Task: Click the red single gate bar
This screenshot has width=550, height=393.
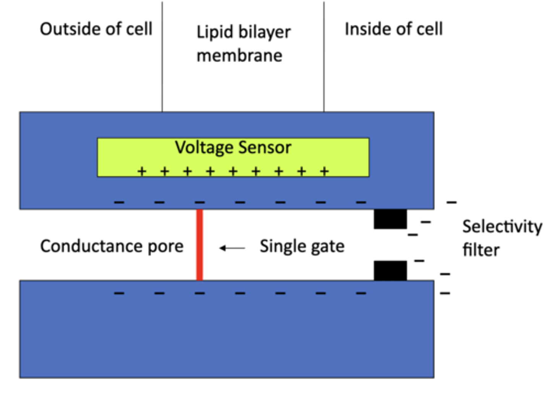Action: (199, 245)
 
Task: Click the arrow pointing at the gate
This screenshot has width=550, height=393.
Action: (232, 248)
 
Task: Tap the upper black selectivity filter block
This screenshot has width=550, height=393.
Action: (390, 219)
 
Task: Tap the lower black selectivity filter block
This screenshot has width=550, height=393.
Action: (390, 271)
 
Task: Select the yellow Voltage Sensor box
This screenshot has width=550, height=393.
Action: (233, 157)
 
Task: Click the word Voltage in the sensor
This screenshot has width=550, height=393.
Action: (204, 148)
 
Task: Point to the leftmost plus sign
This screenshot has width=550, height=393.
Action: (142, 171)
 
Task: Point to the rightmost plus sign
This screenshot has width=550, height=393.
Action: (324, 171)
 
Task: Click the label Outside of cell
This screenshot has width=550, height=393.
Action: (96, 29)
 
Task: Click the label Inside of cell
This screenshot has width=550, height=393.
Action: (393, 29)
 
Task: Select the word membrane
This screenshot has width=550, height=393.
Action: (239, 56)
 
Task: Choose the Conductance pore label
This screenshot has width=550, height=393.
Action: (112, 246)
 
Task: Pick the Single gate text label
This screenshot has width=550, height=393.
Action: (302, 247)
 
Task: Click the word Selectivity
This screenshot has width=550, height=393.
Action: (502, 227)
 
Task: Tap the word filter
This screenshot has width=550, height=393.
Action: (480, 250)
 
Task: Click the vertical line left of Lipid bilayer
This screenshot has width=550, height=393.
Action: (162, 57)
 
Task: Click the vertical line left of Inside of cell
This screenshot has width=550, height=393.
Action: (324, 57)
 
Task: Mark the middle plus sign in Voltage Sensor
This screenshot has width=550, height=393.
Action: (233, 171)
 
